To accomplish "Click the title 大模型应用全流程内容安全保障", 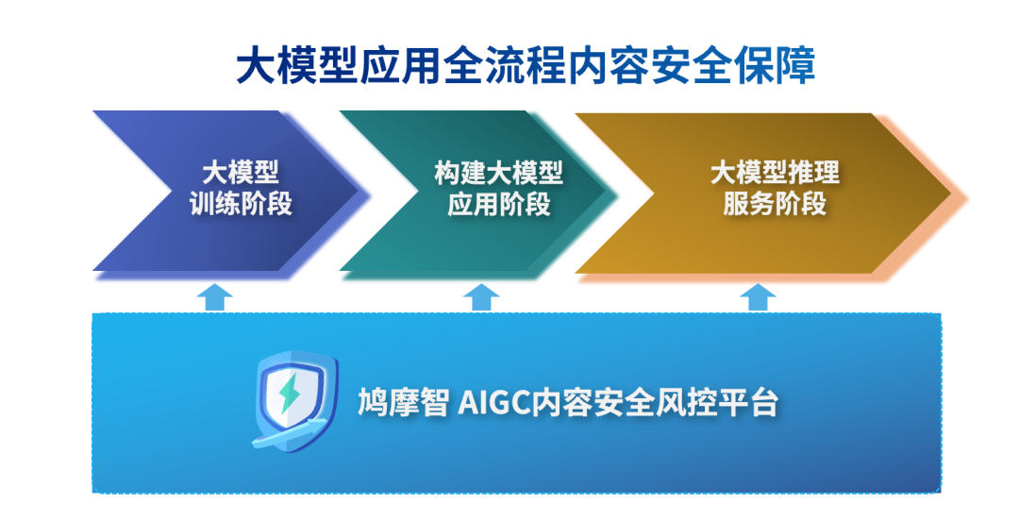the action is pos(526,65).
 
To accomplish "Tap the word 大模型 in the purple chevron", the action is pos(241,173).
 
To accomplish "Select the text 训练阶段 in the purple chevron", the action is pos(241,204).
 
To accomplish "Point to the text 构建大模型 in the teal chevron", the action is pos(499,173).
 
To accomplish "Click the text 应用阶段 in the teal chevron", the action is pos(499,204).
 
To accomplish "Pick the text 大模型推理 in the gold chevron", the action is pos(775,173).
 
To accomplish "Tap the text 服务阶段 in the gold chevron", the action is pos(775,204).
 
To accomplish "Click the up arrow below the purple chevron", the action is pos(214,296).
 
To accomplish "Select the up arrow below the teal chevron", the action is pos(481,296).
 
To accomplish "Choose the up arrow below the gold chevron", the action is pos(758,296).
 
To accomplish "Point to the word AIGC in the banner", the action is pos(494,403).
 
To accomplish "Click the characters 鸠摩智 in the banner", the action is pos(403,403).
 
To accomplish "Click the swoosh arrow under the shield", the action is pos(290,434).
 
